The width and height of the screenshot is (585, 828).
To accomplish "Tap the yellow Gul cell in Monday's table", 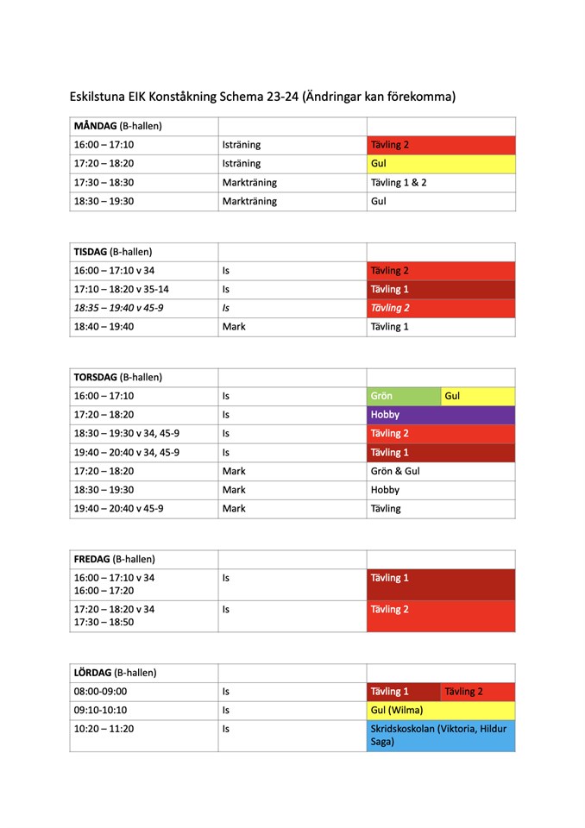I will pyautogui.click(x=440, y=163).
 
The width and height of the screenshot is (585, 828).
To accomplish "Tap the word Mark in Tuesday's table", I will pyautogui.click(x=234, y=327).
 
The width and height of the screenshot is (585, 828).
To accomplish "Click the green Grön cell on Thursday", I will pyautogui.click(x=403, y=396).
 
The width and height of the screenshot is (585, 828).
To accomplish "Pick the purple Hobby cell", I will pyautogui.click(x=440, y=415).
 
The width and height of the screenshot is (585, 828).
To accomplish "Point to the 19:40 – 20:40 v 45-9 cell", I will pyautogui.click(x=119, y=508).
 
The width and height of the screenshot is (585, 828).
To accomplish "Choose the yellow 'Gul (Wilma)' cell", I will pyautogui.click(x=440, y=710).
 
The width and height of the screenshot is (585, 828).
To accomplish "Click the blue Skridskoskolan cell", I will pyautogui.click(x=440, y=735).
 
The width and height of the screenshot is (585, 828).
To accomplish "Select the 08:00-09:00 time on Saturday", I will pyautogui.click(x=100, y=691).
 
